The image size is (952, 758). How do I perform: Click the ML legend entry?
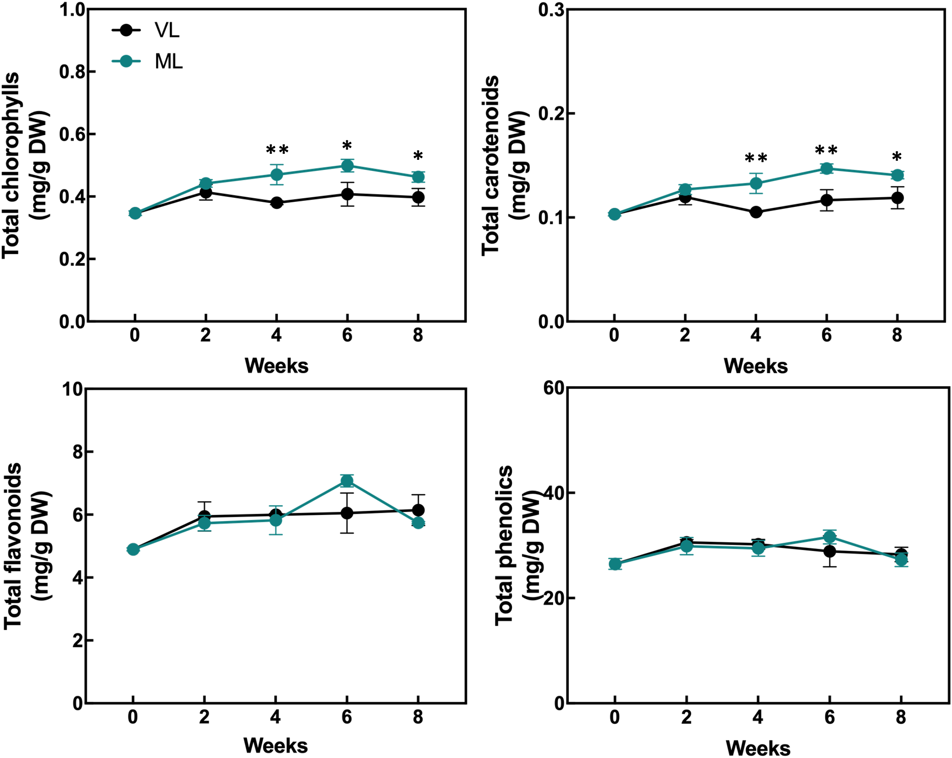tap(148, 61)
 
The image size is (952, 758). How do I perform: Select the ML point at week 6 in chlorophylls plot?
tap(347, 165)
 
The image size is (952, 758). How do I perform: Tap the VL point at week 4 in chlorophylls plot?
tap(277, 203)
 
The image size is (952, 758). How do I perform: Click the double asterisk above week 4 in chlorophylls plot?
tap(277, 150)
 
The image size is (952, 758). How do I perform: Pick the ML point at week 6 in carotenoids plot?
tap(826, 168)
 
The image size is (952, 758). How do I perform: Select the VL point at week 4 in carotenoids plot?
tap(756, 212)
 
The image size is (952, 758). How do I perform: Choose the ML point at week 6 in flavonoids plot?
tap(347, 481)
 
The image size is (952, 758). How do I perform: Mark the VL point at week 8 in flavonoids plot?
tap(418, 510)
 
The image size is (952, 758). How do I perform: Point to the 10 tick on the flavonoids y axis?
tap(72, 389)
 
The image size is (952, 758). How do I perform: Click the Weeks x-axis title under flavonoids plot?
tap(276, 745)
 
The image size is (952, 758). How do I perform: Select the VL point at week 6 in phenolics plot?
tap(830, 551)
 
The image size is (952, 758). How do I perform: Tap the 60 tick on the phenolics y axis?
tap(554, 388)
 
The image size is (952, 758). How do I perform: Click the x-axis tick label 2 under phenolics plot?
tap(686, 717)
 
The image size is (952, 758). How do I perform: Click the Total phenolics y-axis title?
tap(504, 545)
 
